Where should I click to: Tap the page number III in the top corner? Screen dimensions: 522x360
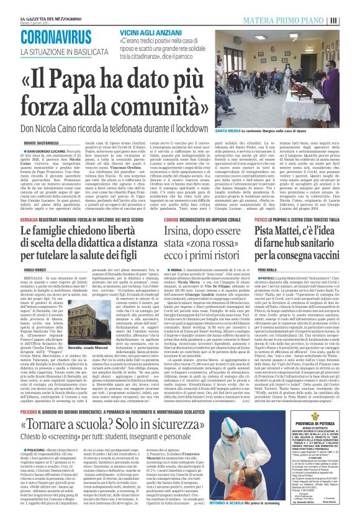(352, 22)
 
